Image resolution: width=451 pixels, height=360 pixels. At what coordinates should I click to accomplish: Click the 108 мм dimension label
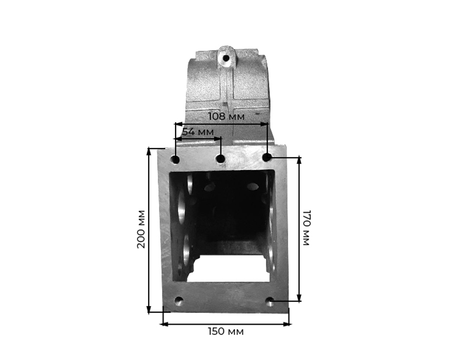(226, 116)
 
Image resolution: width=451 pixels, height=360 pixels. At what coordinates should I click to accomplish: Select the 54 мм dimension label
(197, 132)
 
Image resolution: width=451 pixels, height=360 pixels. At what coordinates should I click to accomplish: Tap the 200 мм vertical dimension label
(141, 229)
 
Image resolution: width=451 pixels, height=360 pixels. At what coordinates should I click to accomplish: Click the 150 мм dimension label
(225, 332)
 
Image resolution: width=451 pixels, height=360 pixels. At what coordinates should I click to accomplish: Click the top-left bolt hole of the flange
(175, 159)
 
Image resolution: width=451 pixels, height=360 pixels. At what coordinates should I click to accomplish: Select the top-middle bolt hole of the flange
(221, 159)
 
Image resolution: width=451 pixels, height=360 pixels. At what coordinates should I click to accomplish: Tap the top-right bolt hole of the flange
(267, 157)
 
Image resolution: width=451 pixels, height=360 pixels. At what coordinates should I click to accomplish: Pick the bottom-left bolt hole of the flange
(179, 301)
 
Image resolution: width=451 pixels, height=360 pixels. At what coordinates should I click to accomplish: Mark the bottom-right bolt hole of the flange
(270, 301)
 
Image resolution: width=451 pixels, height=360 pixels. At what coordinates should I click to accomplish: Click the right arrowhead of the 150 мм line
(287, 324)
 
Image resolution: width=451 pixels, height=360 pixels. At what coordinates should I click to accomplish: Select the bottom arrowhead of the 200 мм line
(149, 310)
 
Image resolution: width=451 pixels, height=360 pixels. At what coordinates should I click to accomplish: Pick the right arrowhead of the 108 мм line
(266, 123)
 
